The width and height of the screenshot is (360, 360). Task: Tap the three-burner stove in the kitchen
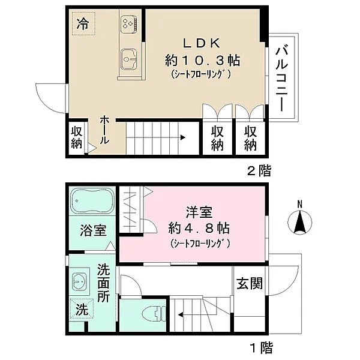128,23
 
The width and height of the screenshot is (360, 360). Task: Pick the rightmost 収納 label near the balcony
250,138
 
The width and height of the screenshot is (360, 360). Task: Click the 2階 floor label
259,171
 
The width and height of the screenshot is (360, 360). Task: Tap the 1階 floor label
259,346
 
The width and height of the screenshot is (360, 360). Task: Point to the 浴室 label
92,230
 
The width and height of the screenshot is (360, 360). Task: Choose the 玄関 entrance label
248,283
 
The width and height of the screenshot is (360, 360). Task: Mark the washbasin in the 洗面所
79,281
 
